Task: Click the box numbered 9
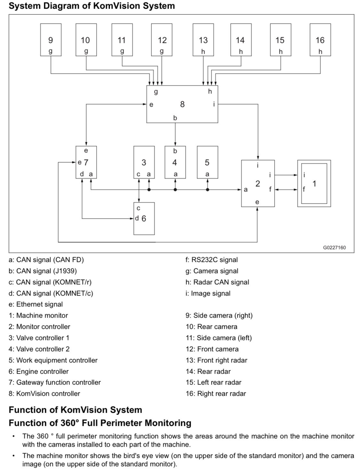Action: [51, 40]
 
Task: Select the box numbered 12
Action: [162, 40]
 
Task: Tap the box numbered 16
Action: [320, 40]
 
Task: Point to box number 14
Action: [241, 40]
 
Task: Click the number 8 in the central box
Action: [182, 104]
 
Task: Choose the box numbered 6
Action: [144, 218]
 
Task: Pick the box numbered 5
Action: [207, 162]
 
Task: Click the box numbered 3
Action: [144, 162]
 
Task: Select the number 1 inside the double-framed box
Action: [314, 183]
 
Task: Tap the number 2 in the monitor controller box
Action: [258, 183]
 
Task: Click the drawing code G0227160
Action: [334, 248]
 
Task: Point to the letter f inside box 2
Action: [270, 189]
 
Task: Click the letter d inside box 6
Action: [137, 218]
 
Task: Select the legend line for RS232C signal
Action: [211, 260]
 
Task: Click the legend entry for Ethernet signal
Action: [36, 304]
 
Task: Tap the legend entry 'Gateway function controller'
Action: [54, 382]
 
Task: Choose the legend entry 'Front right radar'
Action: [216, 360]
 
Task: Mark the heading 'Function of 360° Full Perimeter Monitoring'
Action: [100, 423]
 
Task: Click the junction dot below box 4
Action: [175, 190]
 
